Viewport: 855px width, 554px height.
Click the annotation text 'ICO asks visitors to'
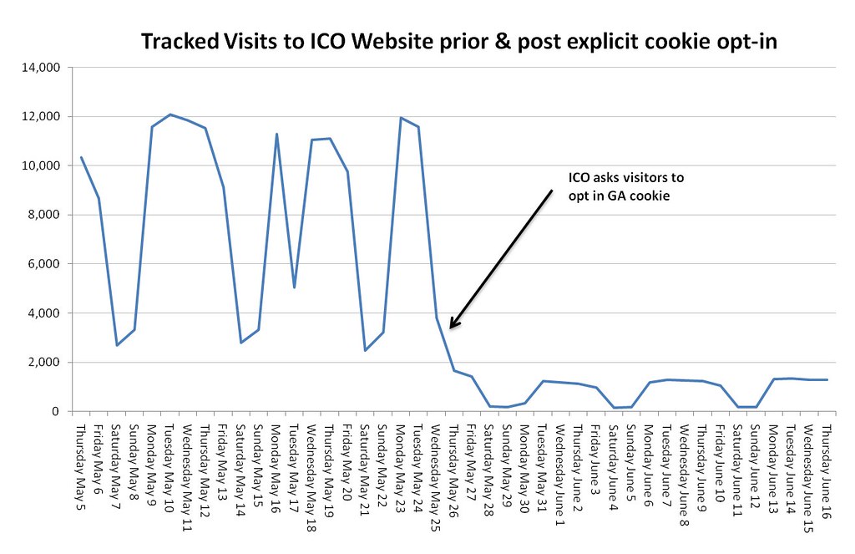pos(625,177)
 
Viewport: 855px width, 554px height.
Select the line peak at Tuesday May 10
pos(169,114)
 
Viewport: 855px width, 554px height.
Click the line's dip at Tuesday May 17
pos(294,287)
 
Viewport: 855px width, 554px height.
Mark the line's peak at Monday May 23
pos(400,118)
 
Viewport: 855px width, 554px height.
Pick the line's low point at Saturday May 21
pos(365,350)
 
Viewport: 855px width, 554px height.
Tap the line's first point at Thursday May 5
pos(81,157)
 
